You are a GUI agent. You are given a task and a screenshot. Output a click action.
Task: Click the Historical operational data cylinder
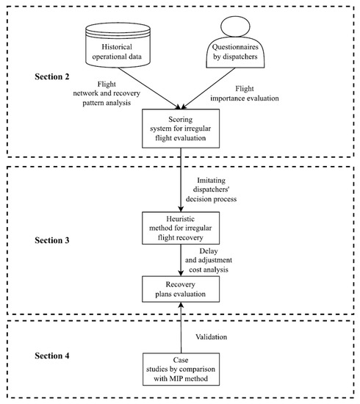click(118, 45)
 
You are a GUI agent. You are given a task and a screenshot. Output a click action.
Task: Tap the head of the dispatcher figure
click(235, 26)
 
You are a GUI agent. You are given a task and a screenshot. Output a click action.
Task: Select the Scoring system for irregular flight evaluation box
click(181, 129)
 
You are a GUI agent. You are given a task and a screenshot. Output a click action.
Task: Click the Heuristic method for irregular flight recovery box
click(181, 228)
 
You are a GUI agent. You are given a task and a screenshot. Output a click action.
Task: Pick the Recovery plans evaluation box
click(181, 289)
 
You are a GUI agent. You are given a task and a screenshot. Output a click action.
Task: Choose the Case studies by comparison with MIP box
click(181, 369)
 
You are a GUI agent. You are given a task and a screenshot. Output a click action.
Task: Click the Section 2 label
click(52, 76)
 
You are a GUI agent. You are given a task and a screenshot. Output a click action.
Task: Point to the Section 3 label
click(52, 240)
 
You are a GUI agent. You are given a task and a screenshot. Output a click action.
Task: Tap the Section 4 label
click(52, 356)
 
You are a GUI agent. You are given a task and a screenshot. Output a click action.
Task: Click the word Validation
click(212, 336)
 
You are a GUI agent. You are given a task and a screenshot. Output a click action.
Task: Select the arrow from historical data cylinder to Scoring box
click(149, 88)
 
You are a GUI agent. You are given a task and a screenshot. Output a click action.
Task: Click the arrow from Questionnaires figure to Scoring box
click(208, 88)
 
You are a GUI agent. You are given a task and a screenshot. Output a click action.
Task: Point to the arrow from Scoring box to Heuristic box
click(181, 180)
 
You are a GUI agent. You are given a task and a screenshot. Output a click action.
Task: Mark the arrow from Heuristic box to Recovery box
click(181, 260)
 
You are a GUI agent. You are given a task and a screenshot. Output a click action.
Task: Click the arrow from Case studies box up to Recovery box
click(181, 328)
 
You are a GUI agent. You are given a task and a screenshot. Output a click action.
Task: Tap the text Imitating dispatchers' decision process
click(212, 190)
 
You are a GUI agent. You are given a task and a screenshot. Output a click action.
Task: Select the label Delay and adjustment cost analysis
click(209, 260)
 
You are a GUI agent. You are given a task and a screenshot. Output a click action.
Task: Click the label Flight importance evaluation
click(245, 93)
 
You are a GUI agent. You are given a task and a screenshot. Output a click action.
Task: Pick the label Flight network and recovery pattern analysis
click(107, 93)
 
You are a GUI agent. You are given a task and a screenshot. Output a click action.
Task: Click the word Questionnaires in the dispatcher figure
click(235, 47)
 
